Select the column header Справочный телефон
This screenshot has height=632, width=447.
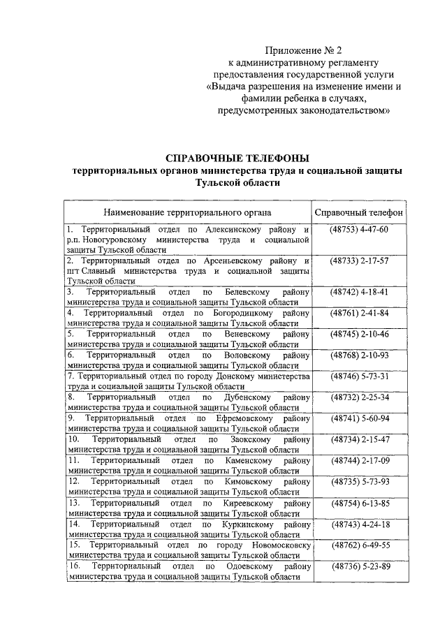click(x=359, y=212)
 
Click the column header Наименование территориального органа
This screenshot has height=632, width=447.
click(x=188, y=212)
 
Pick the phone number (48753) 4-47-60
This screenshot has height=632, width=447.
click(x=359, y=230)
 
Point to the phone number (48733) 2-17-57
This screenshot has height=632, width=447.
click(x=359, y=260)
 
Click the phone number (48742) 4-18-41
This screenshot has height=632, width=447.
click(x=359, y=291)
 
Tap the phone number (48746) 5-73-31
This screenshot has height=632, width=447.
click(x=359, y=376)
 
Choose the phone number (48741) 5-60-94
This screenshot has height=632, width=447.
click(x=359, y=418)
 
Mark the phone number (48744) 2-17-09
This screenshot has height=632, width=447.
click(x=359, y=460)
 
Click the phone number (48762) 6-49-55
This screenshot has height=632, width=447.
click(x=359, y=545)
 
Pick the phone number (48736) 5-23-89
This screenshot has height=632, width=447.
click(x=359, y=566)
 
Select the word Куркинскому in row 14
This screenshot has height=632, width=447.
click(x=249, y=524)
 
